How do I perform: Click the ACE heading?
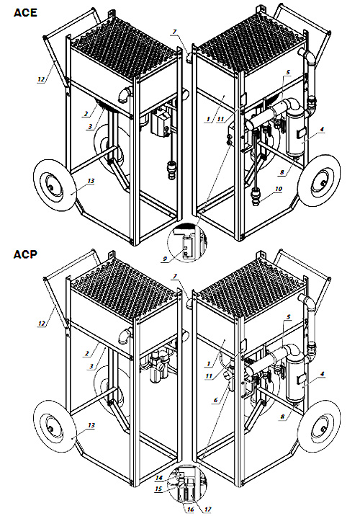25,12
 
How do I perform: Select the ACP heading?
25,254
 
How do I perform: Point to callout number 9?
165,259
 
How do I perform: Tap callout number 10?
279,189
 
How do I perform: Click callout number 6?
215,400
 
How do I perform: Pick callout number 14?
159,478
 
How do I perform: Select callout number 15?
158,489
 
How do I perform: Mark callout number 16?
190,510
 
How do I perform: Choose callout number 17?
207,510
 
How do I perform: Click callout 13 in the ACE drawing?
91,181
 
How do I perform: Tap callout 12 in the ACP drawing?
42,324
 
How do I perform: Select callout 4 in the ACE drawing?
322,129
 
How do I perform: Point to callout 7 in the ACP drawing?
174,277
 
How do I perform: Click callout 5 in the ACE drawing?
288,72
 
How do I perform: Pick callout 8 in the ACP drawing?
282,417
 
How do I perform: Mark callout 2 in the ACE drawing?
86,114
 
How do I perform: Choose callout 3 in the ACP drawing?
91,366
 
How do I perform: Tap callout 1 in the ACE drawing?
208,120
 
